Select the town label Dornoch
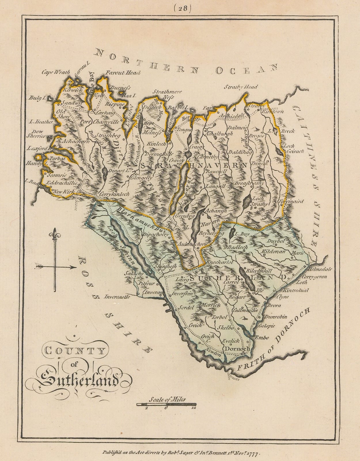[237, 349]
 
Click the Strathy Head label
[241, 87]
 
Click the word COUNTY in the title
[74, 351]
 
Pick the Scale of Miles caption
[168, 399]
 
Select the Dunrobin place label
[276, 317]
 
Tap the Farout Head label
[123, 73]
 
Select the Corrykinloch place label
[114, 194]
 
